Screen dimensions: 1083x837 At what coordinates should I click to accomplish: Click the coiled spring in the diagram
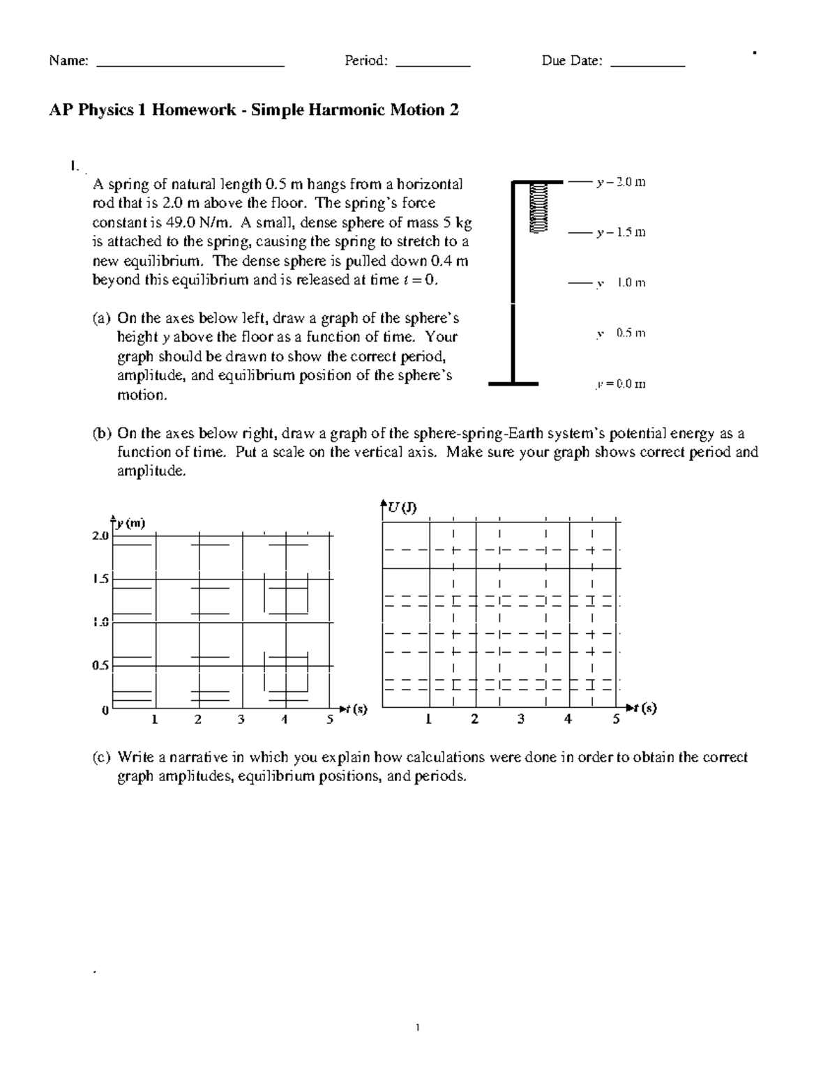[x=538, y=207]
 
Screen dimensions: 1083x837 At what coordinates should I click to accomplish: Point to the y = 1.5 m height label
[x=621, y=232]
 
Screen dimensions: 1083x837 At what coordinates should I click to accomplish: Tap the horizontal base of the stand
[x=513, y=384]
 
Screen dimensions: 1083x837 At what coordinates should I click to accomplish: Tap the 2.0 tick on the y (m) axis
[x=100, y=536]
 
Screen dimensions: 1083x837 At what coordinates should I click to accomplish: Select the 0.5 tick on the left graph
[x=100, y=665]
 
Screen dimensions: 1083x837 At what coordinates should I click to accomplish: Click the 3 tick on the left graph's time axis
[x=241, y=720]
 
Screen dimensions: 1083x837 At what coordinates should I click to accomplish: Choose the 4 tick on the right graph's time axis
[x=568, y=719]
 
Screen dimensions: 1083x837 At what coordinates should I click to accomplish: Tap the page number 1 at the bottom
[x=417, y=1027]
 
